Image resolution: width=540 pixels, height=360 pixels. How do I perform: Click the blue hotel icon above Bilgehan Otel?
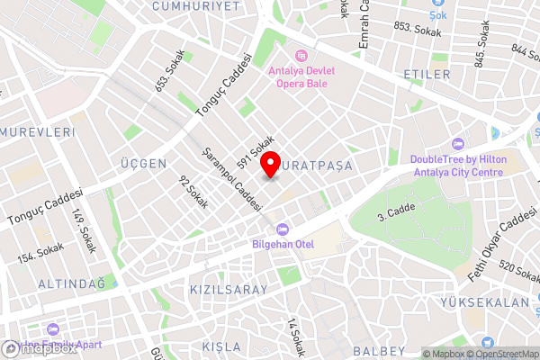283,228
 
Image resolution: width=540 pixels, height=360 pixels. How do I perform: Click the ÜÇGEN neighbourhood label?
143,163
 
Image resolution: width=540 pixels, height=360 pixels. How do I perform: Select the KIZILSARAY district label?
229,290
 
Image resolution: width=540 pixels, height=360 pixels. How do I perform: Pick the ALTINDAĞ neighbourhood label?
71,283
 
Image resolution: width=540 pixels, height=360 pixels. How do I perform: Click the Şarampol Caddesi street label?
232,179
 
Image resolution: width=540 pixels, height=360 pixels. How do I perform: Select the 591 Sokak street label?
256,151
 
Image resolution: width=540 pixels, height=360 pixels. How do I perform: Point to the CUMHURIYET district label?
196,5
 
